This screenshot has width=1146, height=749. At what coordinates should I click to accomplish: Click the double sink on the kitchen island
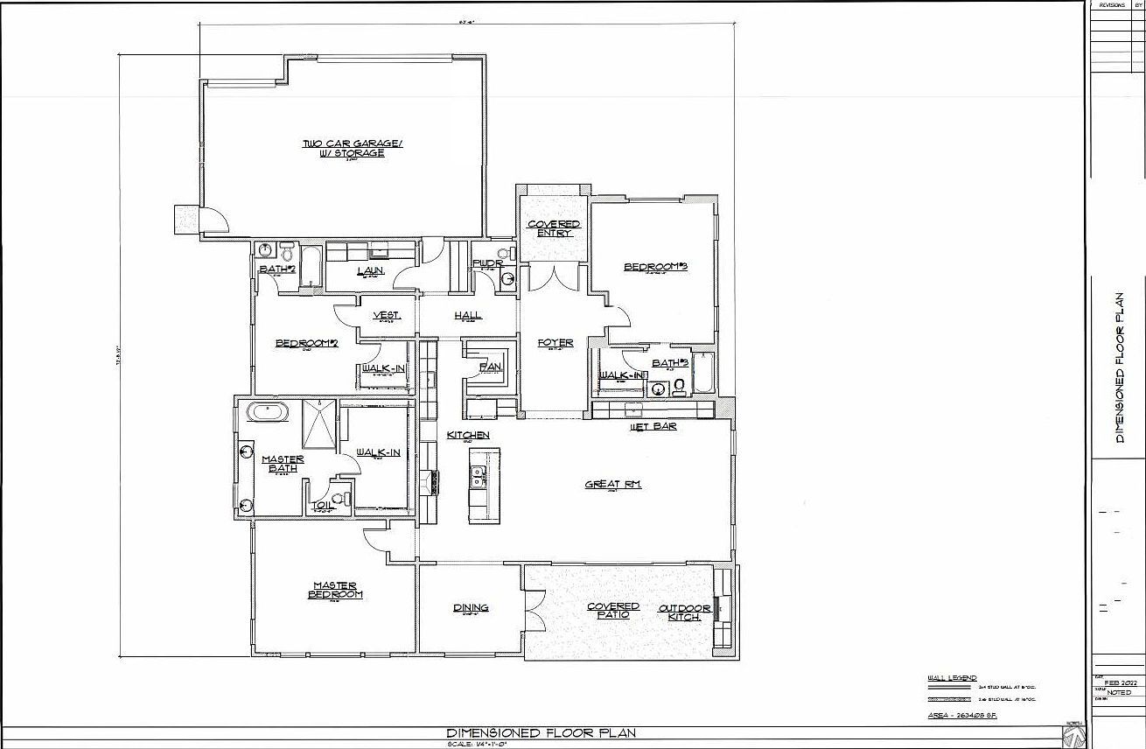click(478, 476)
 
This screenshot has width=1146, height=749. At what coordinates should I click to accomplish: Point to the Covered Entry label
click(554, 228)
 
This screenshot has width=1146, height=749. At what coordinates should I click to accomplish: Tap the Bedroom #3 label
click(655, 266)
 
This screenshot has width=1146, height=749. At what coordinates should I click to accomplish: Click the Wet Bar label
click(653, 427)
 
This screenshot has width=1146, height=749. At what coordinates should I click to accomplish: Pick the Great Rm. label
click(613, 484)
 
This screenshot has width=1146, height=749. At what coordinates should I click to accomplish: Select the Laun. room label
click(371, 270)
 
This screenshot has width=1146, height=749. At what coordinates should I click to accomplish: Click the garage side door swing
click(213, 220)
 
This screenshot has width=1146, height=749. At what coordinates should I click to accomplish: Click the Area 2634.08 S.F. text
click(962, 716)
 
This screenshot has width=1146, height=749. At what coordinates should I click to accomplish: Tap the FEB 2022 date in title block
click(1119, 682)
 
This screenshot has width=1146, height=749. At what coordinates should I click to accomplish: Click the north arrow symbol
click(1075, 733)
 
